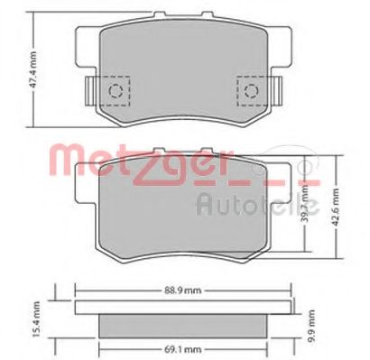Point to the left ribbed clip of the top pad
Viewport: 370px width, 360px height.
click(88, 92)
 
